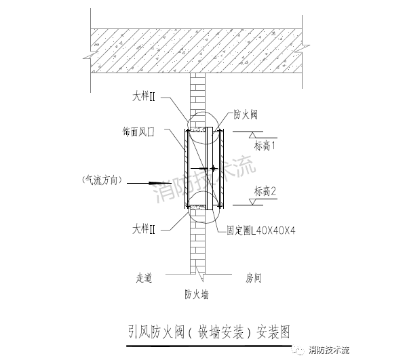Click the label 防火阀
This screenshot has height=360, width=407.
(x=246, y=115)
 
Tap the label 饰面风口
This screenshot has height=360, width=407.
(x=138, y=132)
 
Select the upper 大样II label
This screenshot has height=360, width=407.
(x=144, y=97)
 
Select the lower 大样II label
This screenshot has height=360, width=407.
(x=144, y=229)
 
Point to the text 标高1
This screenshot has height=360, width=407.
(x=265, y=146)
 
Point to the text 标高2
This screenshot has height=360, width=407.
(x=265, y=191)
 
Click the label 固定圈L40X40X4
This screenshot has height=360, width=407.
(x=261, y=231)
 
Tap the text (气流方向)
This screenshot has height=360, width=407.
(x=102, y=180)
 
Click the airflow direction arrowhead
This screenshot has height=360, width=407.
(x=153, y=183)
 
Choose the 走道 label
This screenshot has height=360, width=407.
(x=144, y=278)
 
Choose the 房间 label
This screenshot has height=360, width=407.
(x=253, y=278)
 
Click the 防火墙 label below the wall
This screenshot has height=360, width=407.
(x=197, y=294)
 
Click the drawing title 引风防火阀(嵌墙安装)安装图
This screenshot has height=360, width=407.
(x=209, y=332)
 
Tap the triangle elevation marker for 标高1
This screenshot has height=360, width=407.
(x=252, y=135)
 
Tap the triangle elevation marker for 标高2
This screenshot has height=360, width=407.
(x=252, y=202)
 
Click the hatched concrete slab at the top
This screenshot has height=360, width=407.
(x=196, y=51)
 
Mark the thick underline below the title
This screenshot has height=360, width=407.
(x=209, y=346)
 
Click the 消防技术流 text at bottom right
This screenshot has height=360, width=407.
(x=329, y=350)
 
